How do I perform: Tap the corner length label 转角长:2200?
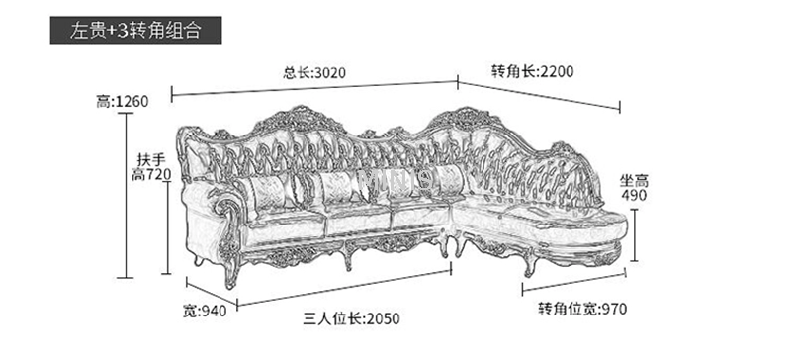click(532, 71)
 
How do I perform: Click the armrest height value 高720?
click(151, 176)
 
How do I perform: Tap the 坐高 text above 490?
click(633, 180)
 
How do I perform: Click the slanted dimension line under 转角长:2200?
click(539, 96)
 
